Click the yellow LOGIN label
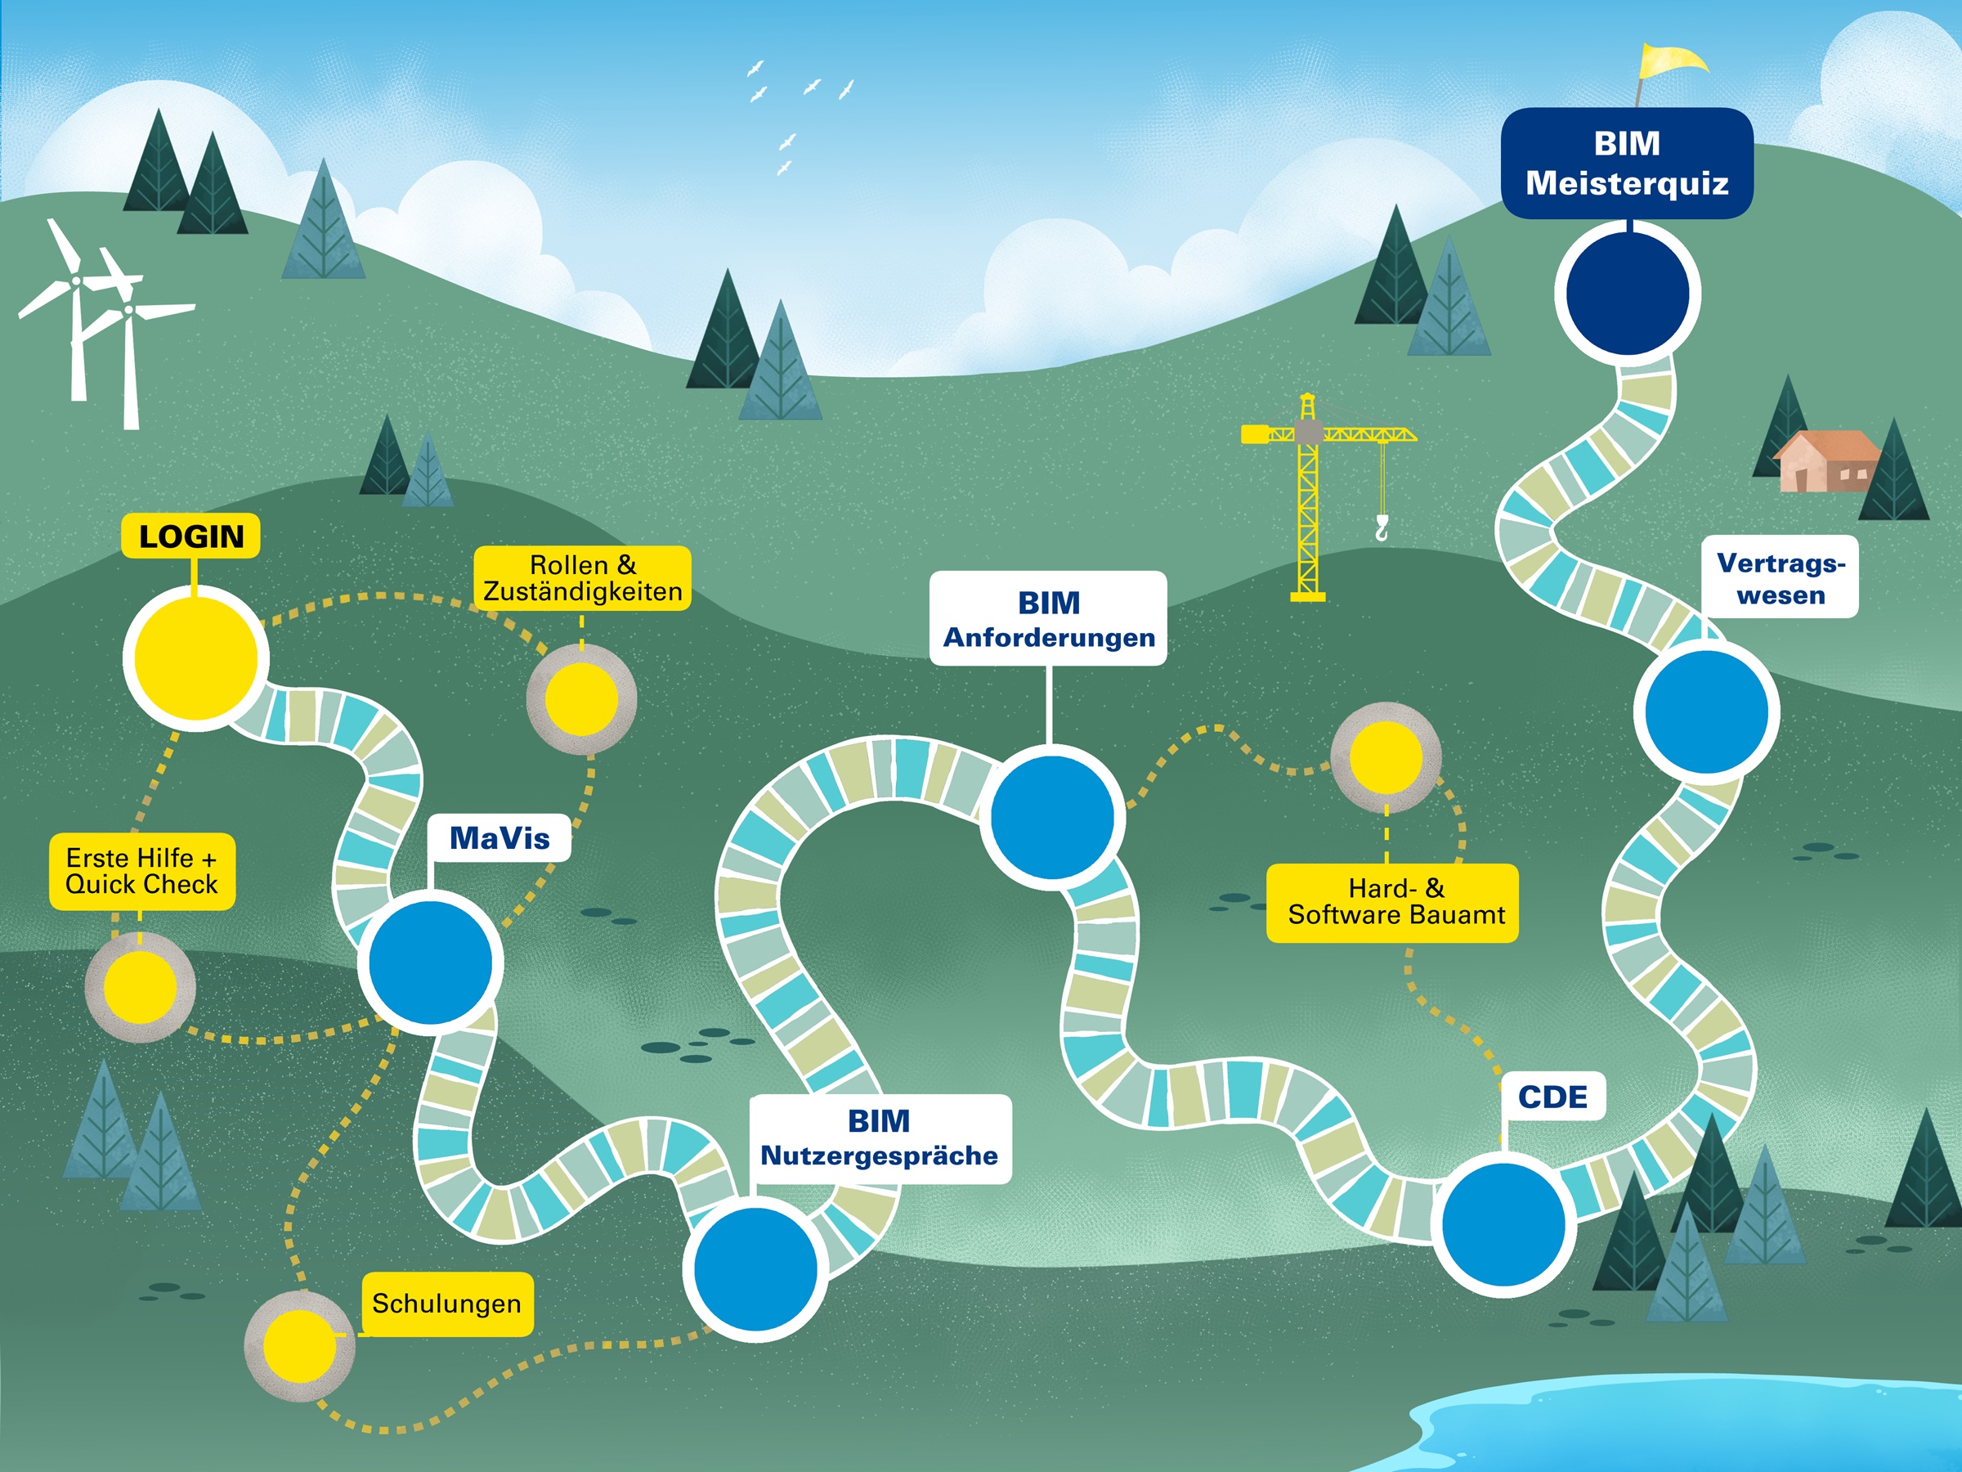tap(190, 536)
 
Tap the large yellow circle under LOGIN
tap(195, 658)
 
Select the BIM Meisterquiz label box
tap(1627, 164)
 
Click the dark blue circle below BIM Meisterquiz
tap(1627, 293)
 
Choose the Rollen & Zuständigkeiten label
tap(582, 577)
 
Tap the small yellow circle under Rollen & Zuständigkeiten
tap(581, 699)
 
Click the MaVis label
tap(499, 837)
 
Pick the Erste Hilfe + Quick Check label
tap(142, 871)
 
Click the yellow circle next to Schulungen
tap(300, 1346)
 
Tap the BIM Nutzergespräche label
tap(879, 1138)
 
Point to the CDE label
tap(1552, 1097)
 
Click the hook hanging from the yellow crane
tap(1381, 530)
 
